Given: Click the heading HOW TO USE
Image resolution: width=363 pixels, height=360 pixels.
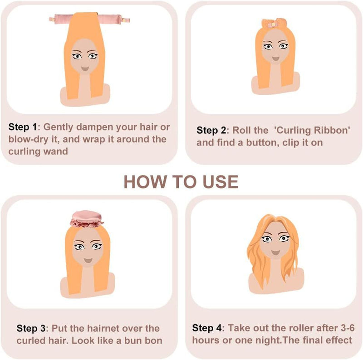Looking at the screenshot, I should click(x=181, y=181).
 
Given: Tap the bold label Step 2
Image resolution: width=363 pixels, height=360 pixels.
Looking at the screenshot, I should click(x=211, y=130).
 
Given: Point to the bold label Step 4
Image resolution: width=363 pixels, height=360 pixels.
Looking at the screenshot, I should click(x=208, y=328).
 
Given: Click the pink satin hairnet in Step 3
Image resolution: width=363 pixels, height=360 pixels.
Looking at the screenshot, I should click(x=87, y=218).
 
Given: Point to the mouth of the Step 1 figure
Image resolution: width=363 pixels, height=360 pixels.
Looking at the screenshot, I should click(x=85, y=69).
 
